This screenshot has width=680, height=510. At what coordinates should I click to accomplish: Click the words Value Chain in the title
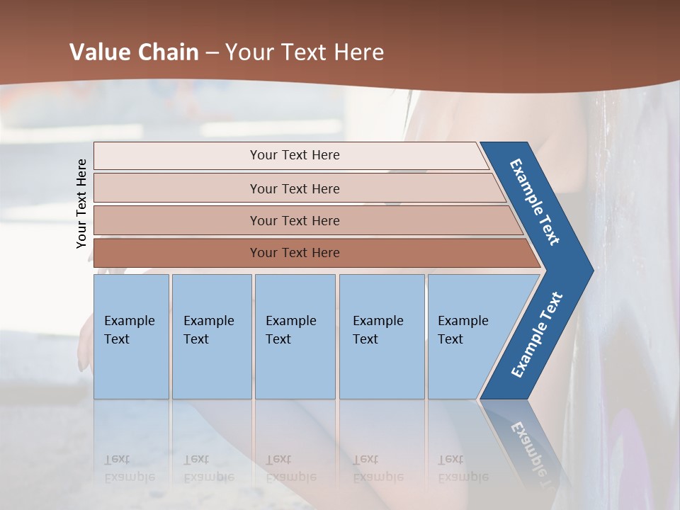[134, 52]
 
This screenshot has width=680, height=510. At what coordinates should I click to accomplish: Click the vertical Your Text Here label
[81, 203]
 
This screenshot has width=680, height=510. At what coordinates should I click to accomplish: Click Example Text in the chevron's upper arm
[535, 202]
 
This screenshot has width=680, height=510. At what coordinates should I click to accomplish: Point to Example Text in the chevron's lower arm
[537, 335]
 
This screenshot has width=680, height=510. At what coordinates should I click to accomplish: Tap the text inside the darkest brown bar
[295, 253]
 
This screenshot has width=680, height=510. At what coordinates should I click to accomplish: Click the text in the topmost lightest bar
[295, 155]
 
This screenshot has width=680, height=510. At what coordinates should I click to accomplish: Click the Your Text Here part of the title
[305, 52]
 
